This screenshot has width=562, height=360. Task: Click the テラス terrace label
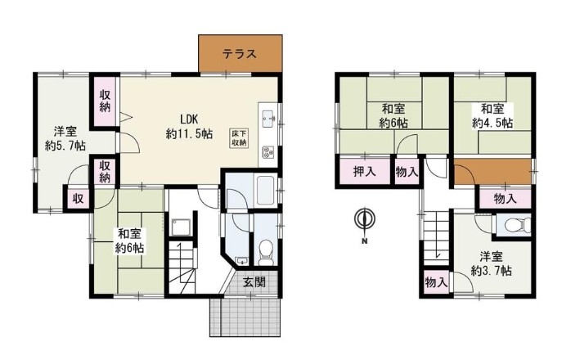[240, 54]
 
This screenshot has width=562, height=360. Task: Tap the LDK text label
[189, 119]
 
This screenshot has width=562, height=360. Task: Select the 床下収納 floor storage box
[239, 137]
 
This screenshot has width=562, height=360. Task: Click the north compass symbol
[364, 218]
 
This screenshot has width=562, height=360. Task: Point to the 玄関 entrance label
[254, 281]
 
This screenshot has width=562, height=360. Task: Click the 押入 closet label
[365, 172]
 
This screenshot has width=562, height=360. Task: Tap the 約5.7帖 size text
[65, 146]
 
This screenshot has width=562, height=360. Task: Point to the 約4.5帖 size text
[492, 123]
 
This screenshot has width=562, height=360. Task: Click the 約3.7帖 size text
[491, 271]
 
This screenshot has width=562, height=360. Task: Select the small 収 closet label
[79, 198]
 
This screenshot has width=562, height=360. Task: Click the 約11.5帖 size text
[189, 134]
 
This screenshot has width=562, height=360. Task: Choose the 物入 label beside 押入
[407, 172]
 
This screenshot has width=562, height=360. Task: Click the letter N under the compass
[364, 241]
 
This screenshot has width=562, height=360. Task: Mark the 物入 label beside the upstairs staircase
[436, 282]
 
